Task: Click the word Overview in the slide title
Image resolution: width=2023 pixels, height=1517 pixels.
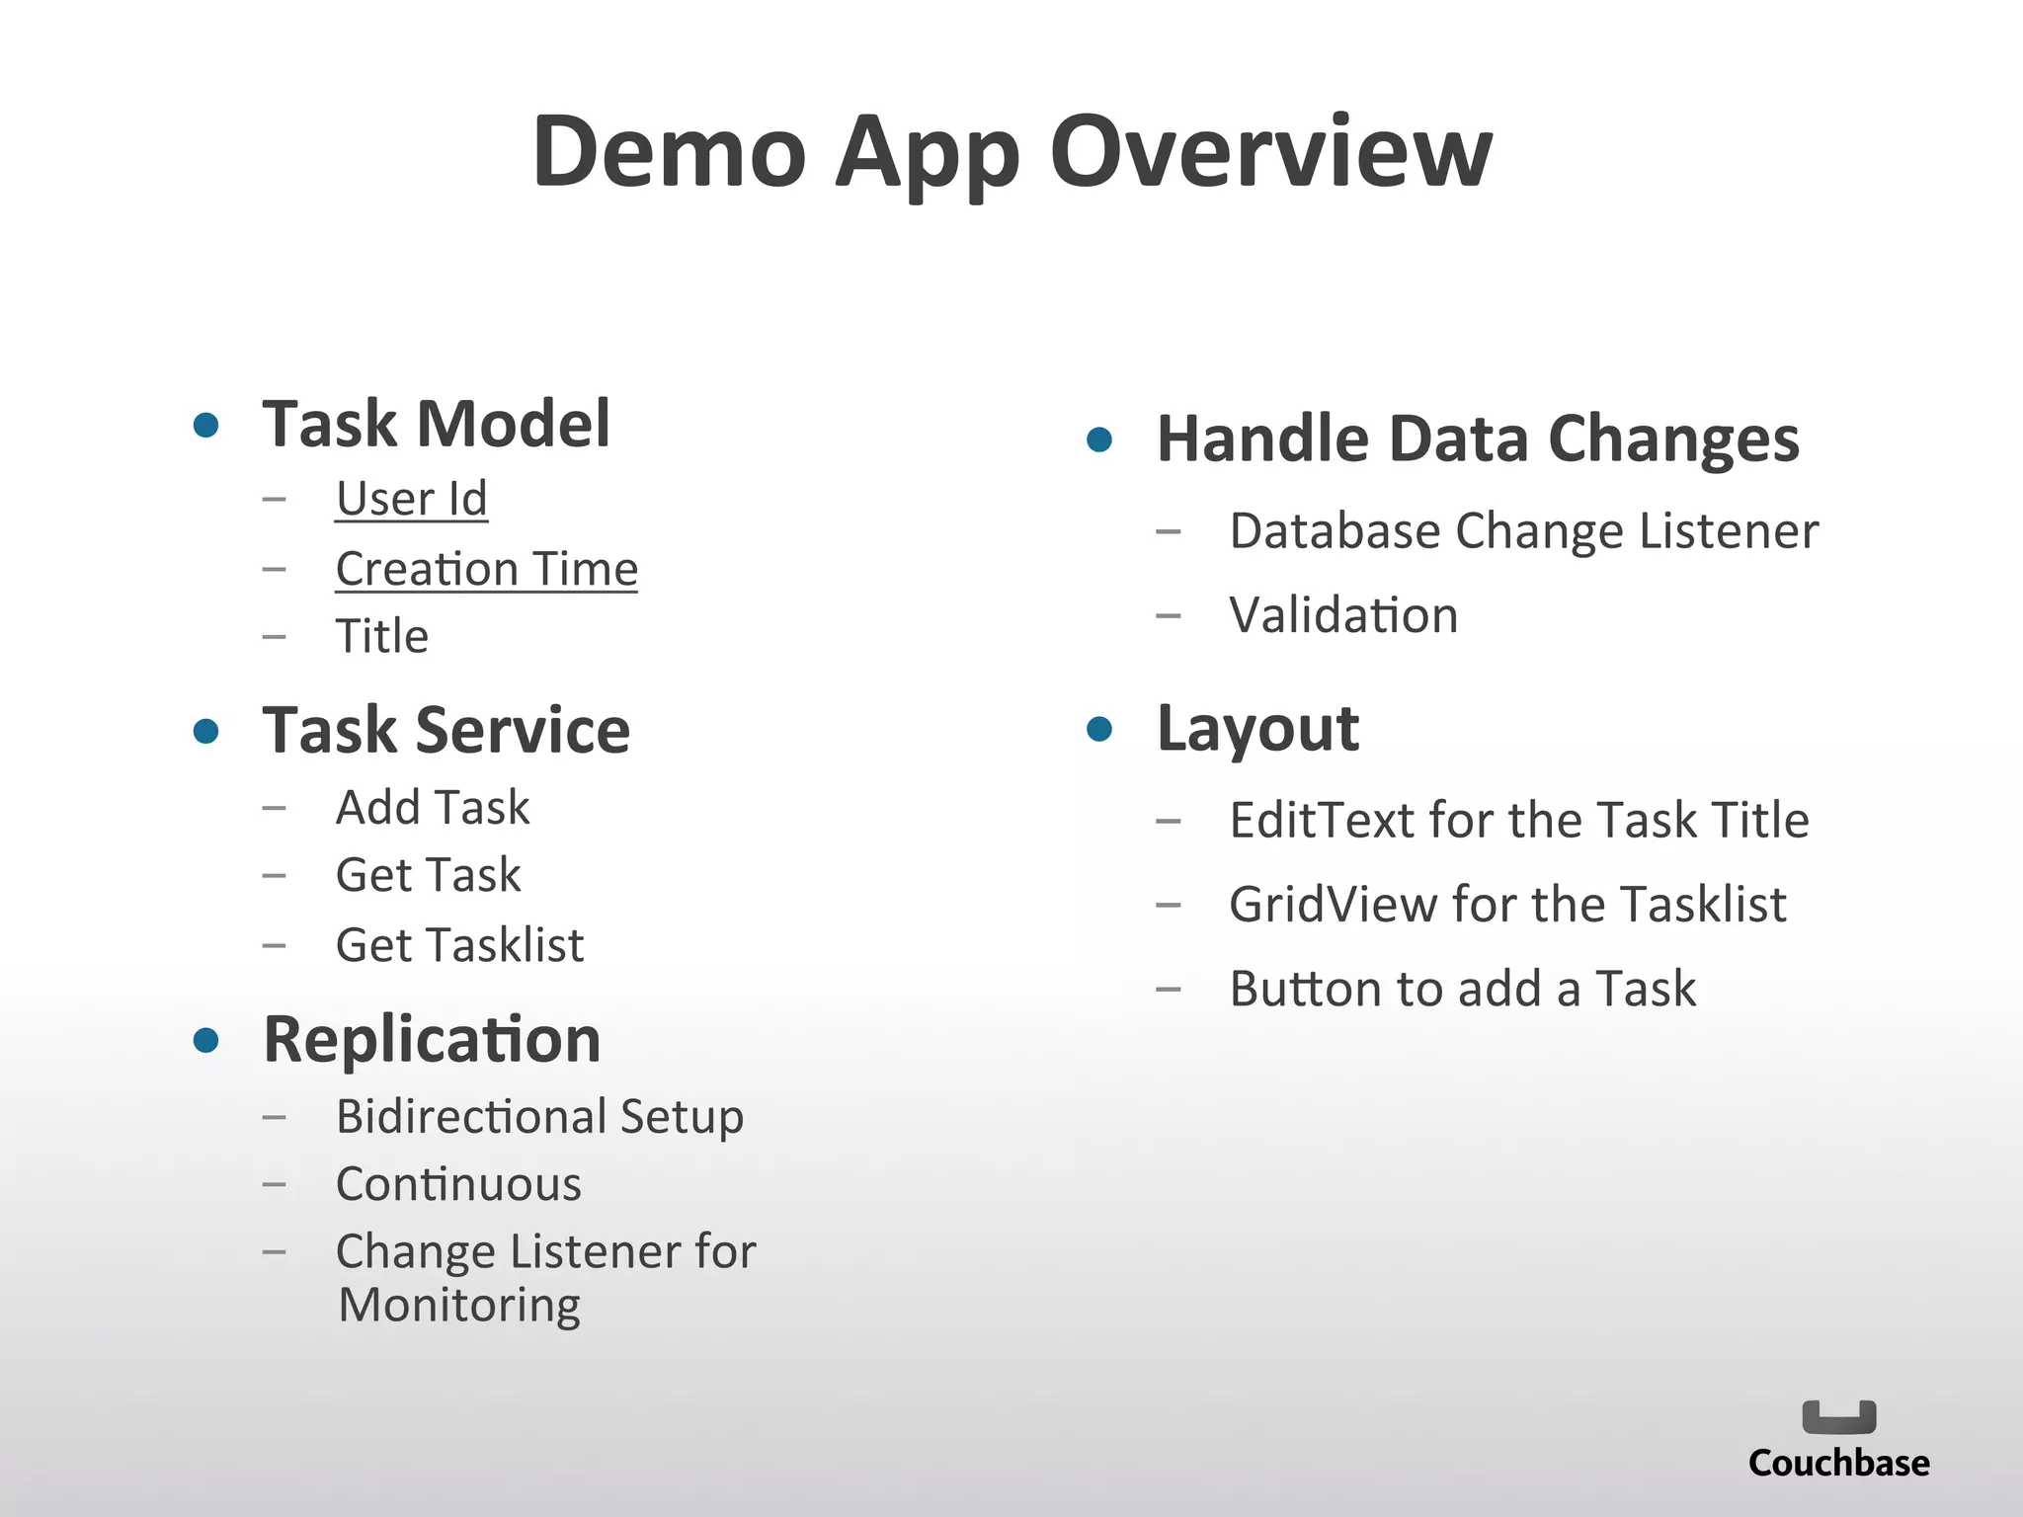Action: pyautogui.click(x=1270, y=152)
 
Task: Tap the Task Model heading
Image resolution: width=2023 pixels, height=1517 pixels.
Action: pyautogui.click(x=436, y=425)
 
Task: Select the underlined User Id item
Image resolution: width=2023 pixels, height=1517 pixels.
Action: pyautogui.click(x=411, y=499)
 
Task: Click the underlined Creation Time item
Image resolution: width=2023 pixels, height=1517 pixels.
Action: pyautogui.click(x=486, y=569)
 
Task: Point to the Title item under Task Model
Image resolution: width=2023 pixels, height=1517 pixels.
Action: pyautogui.click(x=381, y=636)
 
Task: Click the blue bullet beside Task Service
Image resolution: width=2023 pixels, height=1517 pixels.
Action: pyautogui.click(x=205, y=731)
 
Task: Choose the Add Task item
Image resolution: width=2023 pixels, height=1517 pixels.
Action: pyautogui.click(x=433, y=807)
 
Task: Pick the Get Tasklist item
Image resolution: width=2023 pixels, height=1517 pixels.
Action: pyautogui.click(x=459, y=945)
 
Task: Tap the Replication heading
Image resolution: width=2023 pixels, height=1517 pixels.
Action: pyautogui.click(x=432, y=1040)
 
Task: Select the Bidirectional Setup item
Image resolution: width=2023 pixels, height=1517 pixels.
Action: pyautogui.click(x=539, y=1117)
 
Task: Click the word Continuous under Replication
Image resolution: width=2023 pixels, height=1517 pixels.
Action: pyautogui.click(x=458, y=1184)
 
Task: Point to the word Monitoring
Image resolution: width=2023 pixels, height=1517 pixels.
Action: pyautogui.click(x=458, y=1306)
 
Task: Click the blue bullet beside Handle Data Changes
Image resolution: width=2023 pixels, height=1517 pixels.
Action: pyautogui.click(x=1099, y=439)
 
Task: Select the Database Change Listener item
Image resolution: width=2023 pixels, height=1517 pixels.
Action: pyautogui.click(x=1523, y=531)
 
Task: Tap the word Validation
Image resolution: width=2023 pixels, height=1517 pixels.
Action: pyautogui.click(x=1343, y=615)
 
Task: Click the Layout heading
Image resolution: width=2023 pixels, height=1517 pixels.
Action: pyautogui.click(x=1257, y=729)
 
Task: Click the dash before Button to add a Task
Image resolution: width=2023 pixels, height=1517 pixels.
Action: pyautogui.click(x=1169, y=990)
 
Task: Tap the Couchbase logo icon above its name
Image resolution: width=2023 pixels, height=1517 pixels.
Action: pyautogui.click(x=1838, y=1417)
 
